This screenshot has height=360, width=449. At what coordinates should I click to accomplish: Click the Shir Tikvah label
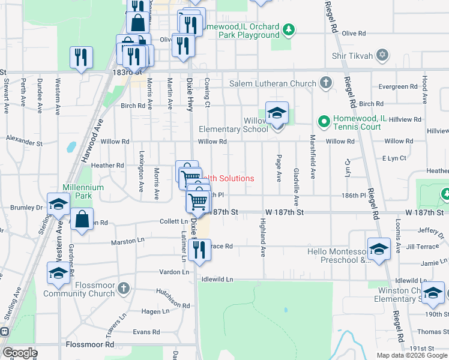tap(352, 56)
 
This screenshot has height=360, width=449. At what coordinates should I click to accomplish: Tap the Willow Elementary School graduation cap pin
tap(277, 113)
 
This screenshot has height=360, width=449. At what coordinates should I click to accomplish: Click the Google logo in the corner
tap(20, 353)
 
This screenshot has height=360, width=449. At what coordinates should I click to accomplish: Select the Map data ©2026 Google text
tap(412, 355)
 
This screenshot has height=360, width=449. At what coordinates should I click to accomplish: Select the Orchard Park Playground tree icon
tap(289, 28)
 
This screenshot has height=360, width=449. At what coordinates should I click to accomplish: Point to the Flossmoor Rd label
tap(90, 345)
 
